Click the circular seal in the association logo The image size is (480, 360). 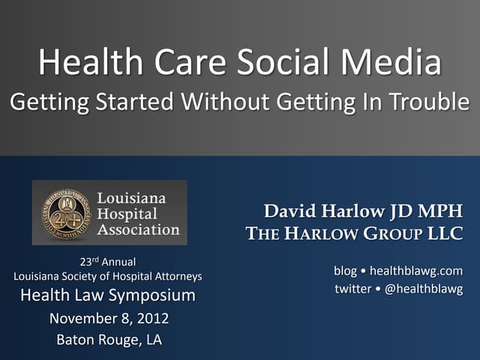tap(64, 212)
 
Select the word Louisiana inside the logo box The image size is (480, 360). tap(132, 199)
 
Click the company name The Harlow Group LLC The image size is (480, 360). tap(354, 234)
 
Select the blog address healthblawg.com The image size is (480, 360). tap(416, 271)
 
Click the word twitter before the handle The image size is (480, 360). tap(352, 289)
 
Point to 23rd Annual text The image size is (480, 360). tap(108, 262)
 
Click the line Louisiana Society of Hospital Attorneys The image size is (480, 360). tap(108, 277)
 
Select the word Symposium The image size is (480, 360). tap(155, 295)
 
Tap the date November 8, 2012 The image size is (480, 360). tap(109, 319)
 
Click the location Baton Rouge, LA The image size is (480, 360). tap(109, 340)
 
